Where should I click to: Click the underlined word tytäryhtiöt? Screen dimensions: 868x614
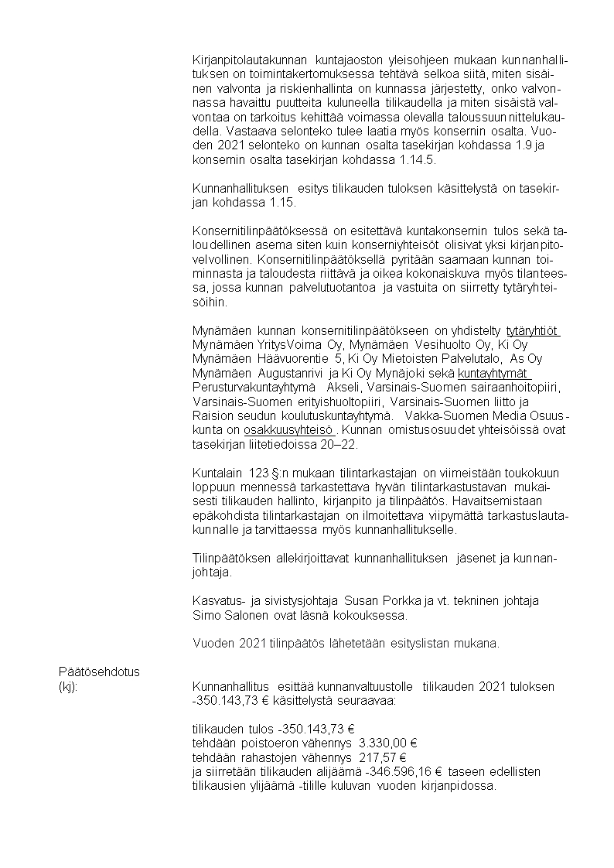click(x=533, y=332)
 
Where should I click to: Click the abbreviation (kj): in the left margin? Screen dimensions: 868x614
click(x=70, y=685)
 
